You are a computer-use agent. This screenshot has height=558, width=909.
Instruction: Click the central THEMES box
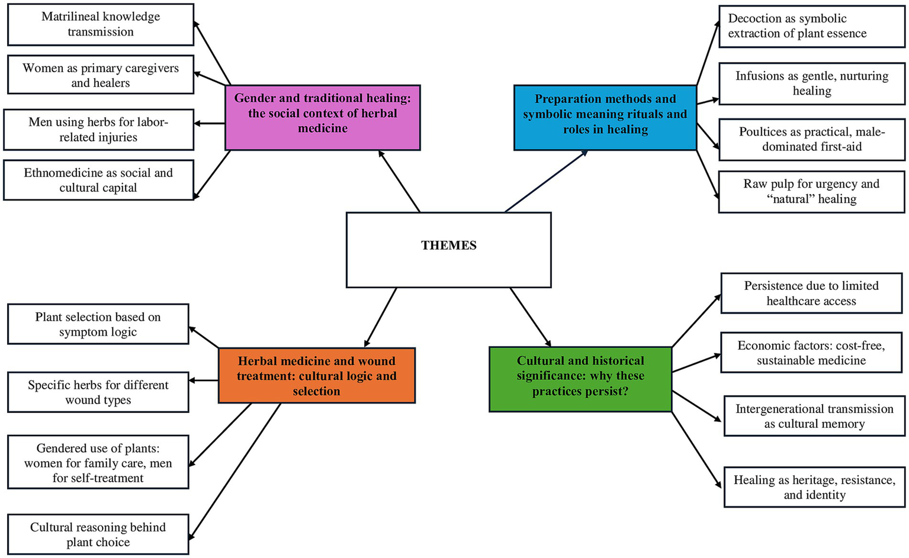coord(448,250)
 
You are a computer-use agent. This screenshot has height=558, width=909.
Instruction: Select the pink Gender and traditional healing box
coord(322,117)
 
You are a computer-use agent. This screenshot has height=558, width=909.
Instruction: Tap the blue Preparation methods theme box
coord(605,117)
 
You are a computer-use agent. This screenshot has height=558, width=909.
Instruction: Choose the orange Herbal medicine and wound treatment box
coord(316,376)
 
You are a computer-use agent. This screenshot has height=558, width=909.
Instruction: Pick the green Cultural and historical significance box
coord(580,379)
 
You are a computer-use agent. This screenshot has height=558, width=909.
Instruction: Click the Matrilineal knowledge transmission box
coord(101,24)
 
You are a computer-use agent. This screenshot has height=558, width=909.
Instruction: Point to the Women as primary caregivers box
coord(101,75)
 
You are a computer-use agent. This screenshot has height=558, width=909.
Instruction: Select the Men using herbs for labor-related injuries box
coord(98,130)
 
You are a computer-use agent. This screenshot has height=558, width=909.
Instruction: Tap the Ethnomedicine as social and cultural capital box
coord(98,180)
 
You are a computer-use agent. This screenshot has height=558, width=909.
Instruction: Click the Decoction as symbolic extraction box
coord(811,26)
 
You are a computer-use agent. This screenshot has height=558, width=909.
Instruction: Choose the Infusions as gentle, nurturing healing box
coord(811,83)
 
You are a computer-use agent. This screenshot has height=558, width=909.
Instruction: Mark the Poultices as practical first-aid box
coord(811,139)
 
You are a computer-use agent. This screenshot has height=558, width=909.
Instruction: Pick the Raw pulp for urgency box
coord(811,192)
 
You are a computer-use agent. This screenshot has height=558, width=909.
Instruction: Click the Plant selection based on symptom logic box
coord(98,324)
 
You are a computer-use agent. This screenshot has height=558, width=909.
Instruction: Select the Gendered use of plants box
coord(98,462)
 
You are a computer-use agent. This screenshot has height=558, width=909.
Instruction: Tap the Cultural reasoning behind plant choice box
coord(98,534)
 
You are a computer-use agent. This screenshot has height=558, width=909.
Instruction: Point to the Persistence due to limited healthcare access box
coord(811,293)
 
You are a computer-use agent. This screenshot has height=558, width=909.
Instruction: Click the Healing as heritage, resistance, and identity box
coord(814,487)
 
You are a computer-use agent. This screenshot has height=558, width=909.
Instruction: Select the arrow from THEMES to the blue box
coord(545,181)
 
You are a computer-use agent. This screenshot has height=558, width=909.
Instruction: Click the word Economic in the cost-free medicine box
coord(760,346)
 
